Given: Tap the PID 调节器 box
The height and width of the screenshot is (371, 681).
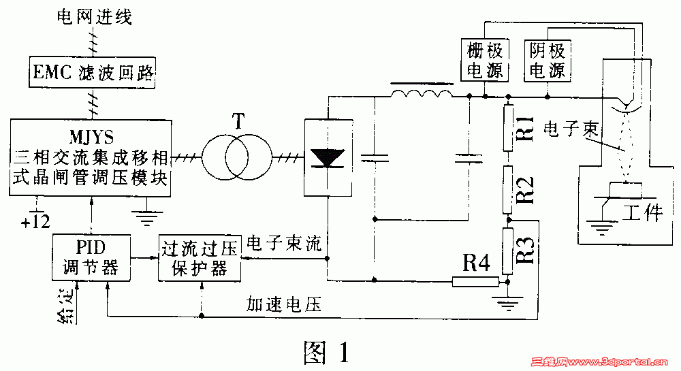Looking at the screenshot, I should click(x=91, y=257).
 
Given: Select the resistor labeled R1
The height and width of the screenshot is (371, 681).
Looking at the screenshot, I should click(x=507, y=127).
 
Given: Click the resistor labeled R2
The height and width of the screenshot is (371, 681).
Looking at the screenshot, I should click(x=507, y=188).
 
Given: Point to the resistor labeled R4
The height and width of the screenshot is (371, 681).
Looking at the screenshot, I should click(x=475, y=280).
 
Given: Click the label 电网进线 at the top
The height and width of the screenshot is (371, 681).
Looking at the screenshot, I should click(x=93, y=16).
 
